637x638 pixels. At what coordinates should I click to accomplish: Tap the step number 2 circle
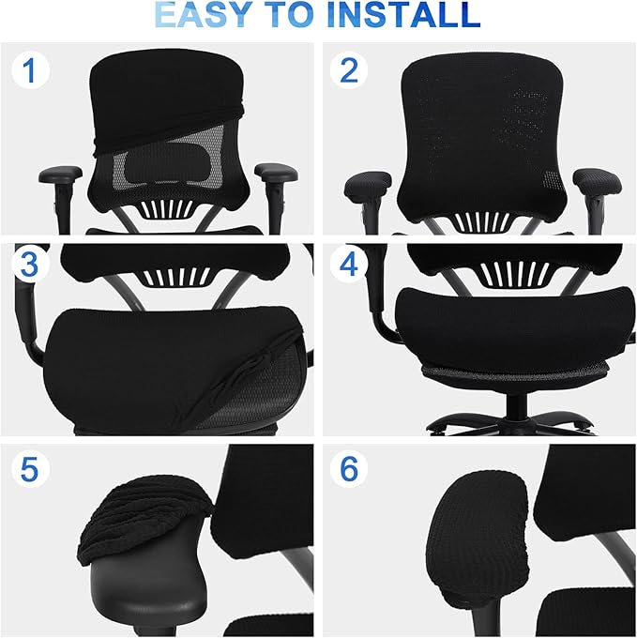[x=349, y=72]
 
